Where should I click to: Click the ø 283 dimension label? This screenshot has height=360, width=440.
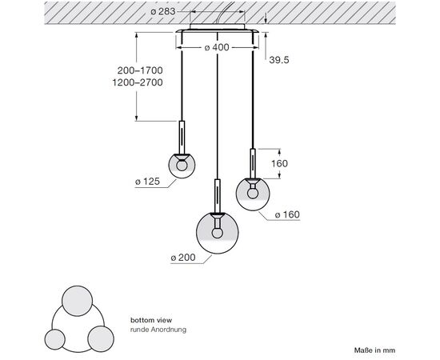point(162,11)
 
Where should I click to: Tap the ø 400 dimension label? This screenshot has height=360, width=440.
point(217,47)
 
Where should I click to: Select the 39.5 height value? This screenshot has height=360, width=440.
point(279,60)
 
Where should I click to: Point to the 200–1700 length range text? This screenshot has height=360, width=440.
point(140,70)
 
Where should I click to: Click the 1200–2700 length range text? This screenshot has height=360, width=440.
point(138,82)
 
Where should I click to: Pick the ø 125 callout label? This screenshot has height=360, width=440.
point(148,182)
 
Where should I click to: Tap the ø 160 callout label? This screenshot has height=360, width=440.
point(288,214)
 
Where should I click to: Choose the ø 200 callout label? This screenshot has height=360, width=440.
point(183,258)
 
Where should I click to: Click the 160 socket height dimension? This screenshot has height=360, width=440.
point(279,163)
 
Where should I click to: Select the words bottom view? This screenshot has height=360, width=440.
point(151,320)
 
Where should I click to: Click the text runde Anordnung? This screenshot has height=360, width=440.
point(158,330)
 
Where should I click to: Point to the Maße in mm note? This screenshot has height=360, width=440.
point(374,350)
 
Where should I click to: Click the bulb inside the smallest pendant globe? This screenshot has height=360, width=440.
point(182,165)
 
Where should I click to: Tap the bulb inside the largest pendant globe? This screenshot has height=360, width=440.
point(217,233)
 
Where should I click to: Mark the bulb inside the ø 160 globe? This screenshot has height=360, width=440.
point(253,193)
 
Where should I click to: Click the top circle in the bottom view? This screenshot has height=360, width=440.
point(77,301)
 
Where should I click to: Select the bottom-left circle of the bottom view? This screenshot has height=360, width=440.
point(55,339)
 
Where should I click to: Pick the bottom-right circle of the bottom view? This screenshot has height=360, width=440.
point(101,338)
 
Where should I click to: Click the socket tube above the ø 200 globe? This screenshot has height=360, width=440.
point(217,196)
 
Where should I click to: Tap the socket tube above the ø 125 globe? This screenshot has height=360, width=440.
point(182,138)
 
